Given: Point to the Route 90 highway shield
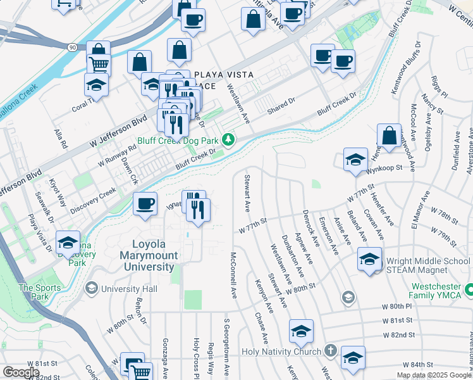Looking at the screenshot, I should (x=73, y=47).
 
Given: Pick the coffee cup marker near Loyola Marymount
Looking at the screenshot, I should (x=145, y=204).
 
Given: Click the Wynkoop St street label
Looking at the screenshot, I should (x=386, y=168).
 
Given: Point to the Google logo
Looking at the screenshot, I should (x=21, y=372).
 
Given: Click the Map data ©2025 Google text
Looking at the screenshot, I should (x=434, y=375).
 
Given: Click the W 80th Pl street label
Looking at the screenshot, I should (x=396, y=306).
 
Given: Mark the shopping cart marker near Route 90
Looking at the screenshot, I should (x=99, y=63).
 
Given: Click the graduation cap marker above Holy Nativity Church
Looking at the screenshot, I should (x=301, y=331).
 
